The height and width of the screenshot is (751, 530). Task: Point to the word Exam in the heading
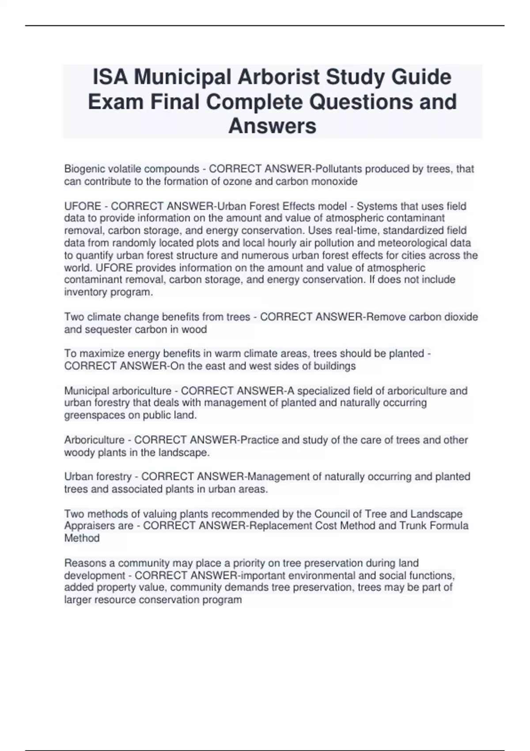[116, 102]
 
